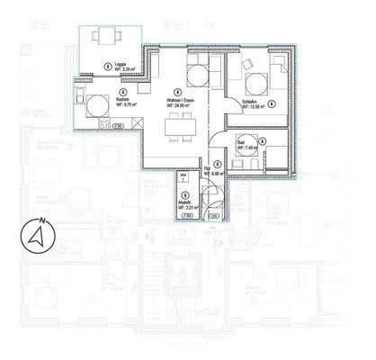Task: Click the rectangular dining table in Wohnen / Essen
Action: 182,131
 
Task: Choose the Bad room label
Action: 243,143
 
